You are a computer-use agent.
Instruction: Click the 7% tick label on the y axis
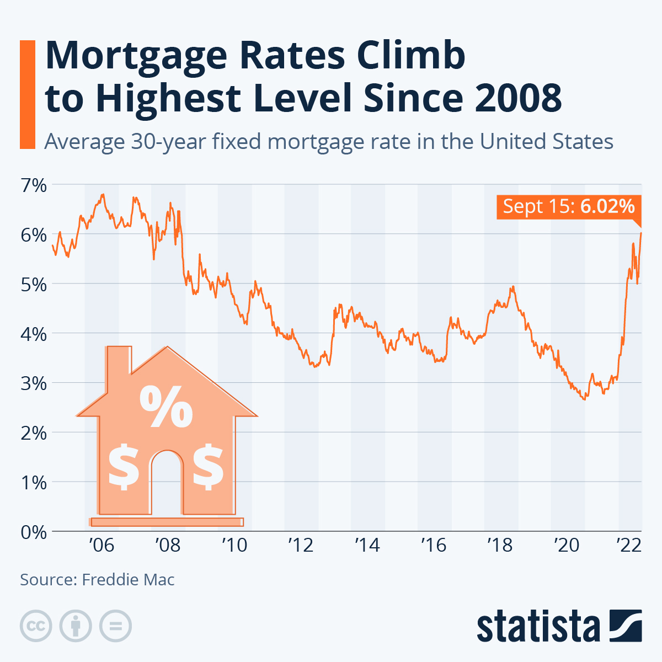point(33,185)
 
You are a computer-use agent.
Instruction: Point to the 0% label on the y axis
point(33,532)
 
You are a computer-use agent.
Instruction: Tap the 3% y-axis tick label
point(33,383)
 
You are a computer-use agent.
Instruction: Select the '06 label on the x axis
point(101,546)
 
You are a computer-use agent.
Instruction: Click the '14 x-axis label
point(367,546)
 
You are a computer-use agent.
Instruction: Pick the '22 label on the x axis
point(628,546)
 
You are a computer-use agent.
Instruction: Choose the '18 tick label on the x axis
point(500,546)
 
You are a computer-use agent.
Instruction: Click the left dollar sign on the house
point(124,466)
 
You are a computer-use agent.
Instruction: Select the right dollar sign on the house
point(208,466)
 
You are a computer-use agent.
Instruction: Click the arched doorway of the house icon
point(166,480)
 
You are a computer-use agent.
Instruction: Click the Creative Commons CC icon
point(36,626)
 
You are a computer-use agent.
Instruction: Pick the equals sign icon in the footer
point(116,626)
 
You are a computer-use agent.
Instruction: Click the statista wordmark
point(538,626)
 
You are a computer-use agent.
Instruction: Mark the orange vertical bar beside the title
point(27,94)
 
